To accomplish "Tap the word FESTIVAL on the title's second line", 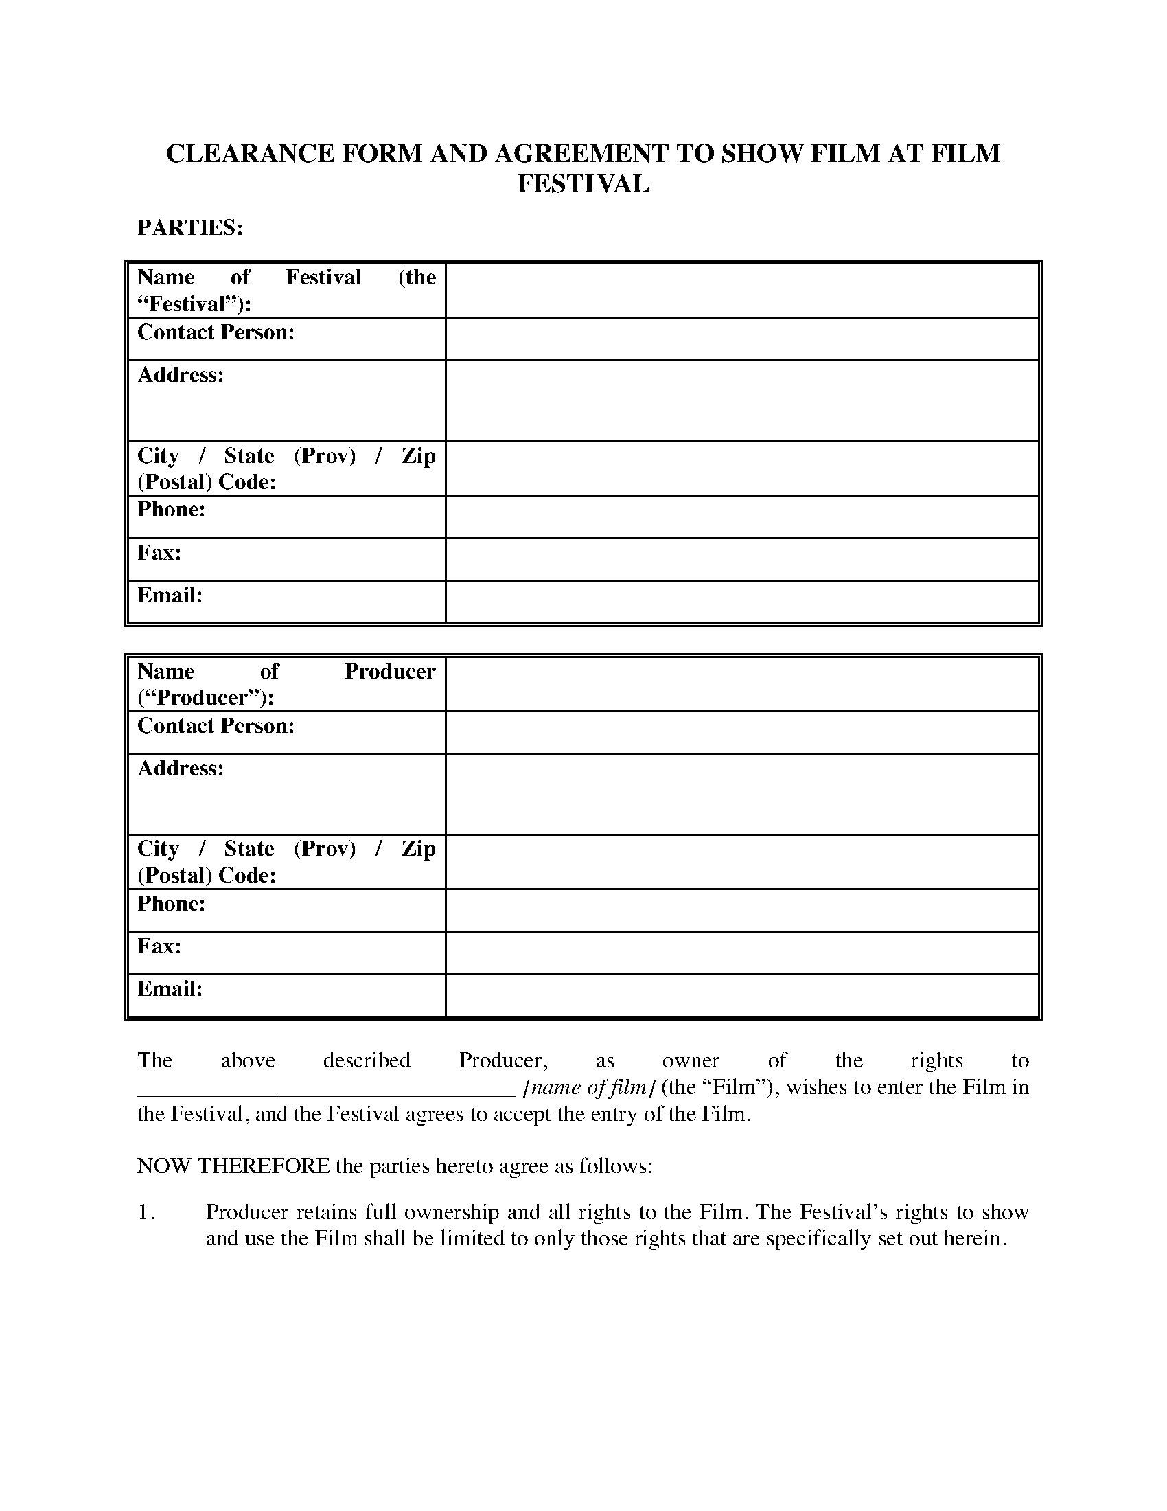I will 583,184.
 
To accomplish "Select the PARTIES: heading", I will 190,227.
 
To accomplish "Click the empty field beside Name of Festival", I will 742,291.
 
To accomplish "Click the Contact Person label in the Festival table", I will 216,333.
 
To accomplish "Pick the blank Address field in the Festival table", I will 742,400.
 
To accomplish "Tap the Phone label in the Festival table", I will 172,510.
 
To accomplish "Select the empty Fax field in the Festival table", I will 742,559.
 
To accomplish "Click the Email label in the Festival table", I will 170,595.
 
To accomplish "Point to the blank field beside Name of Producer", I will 742,684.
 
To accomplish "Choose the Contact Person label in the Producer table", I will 216,726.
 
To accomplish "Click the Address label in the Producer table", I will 181,769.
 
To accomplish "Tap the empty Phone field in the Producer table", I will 742,911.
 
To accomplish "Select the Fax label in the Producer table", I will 159,946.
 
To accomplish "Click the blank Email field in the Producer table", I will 742,996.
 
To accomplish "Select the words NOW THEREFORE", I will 233,1166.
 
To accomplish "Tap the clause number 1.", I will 145,1212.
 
